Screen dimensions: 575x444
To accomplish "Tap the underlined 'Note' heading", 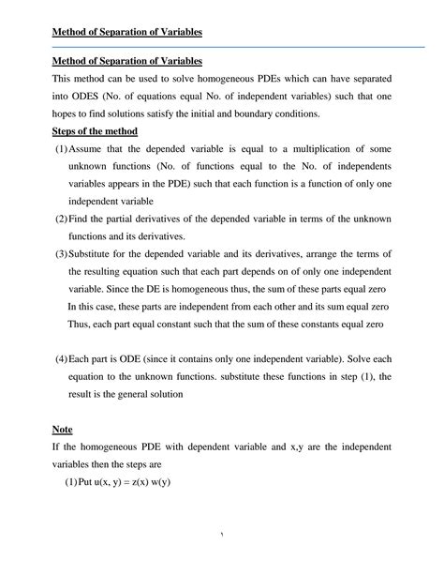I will point(62,429).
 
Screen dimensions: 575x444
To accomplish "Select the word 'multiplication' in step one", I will point(316,149).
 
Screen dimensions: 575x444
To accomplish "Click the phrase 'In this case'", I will point(96,307).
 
